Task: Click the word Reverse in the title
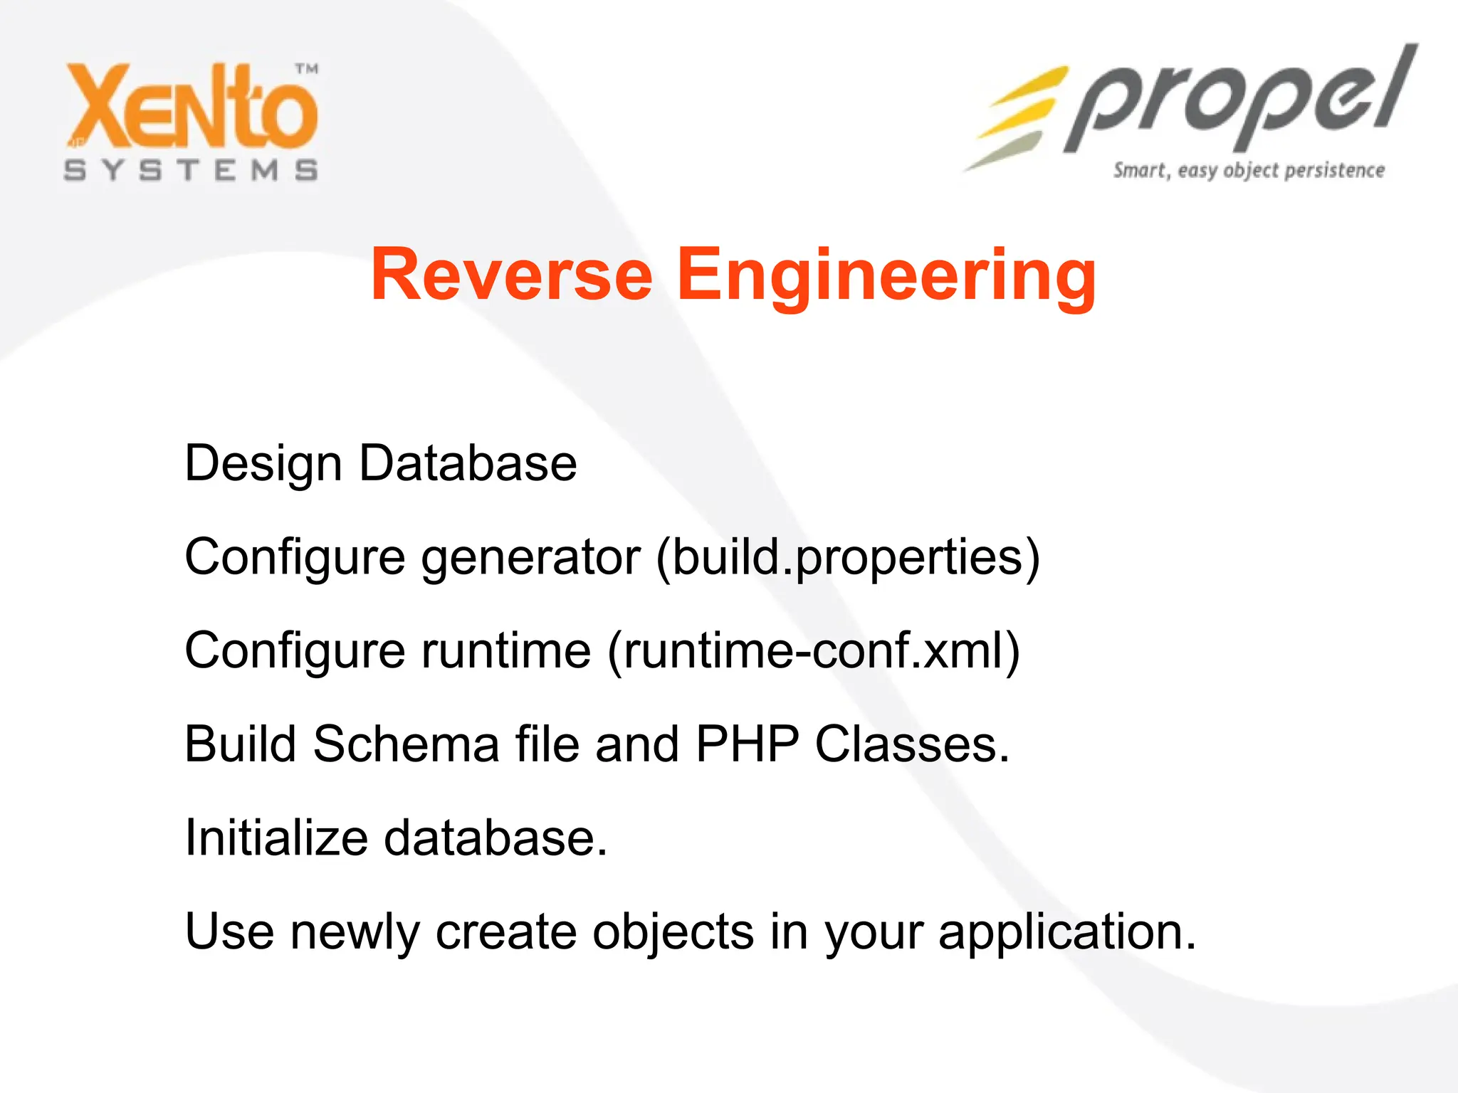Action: tap(511, 275)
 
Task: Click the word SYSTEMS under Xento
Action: tap(191, 171)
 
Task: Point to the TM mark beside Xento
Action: tap(307, 69)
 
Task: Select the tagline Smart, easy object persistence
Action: tap(1249, 171)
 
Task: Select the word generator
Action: tap(530, 557)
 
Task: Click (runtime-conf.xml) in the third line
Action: tap(814, 650)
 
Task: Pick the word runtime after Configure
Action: tap(505, 650)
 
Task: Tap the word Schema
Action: tap(406, 744)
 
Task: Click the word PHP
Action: tap(747, 744)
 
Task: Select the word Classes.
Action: tap(912, 744)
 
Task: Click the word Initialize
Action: tap(276, 838)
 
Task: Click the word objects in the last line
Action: tap(673, 931)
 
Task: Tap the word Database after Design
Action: tap(468, 464)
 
